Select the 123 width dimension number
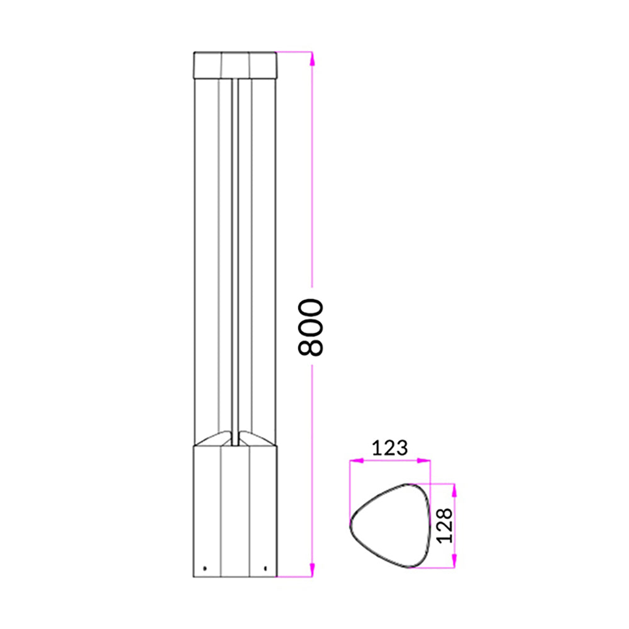[390, 448]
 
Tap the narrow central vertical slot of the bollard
[235, 252]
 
